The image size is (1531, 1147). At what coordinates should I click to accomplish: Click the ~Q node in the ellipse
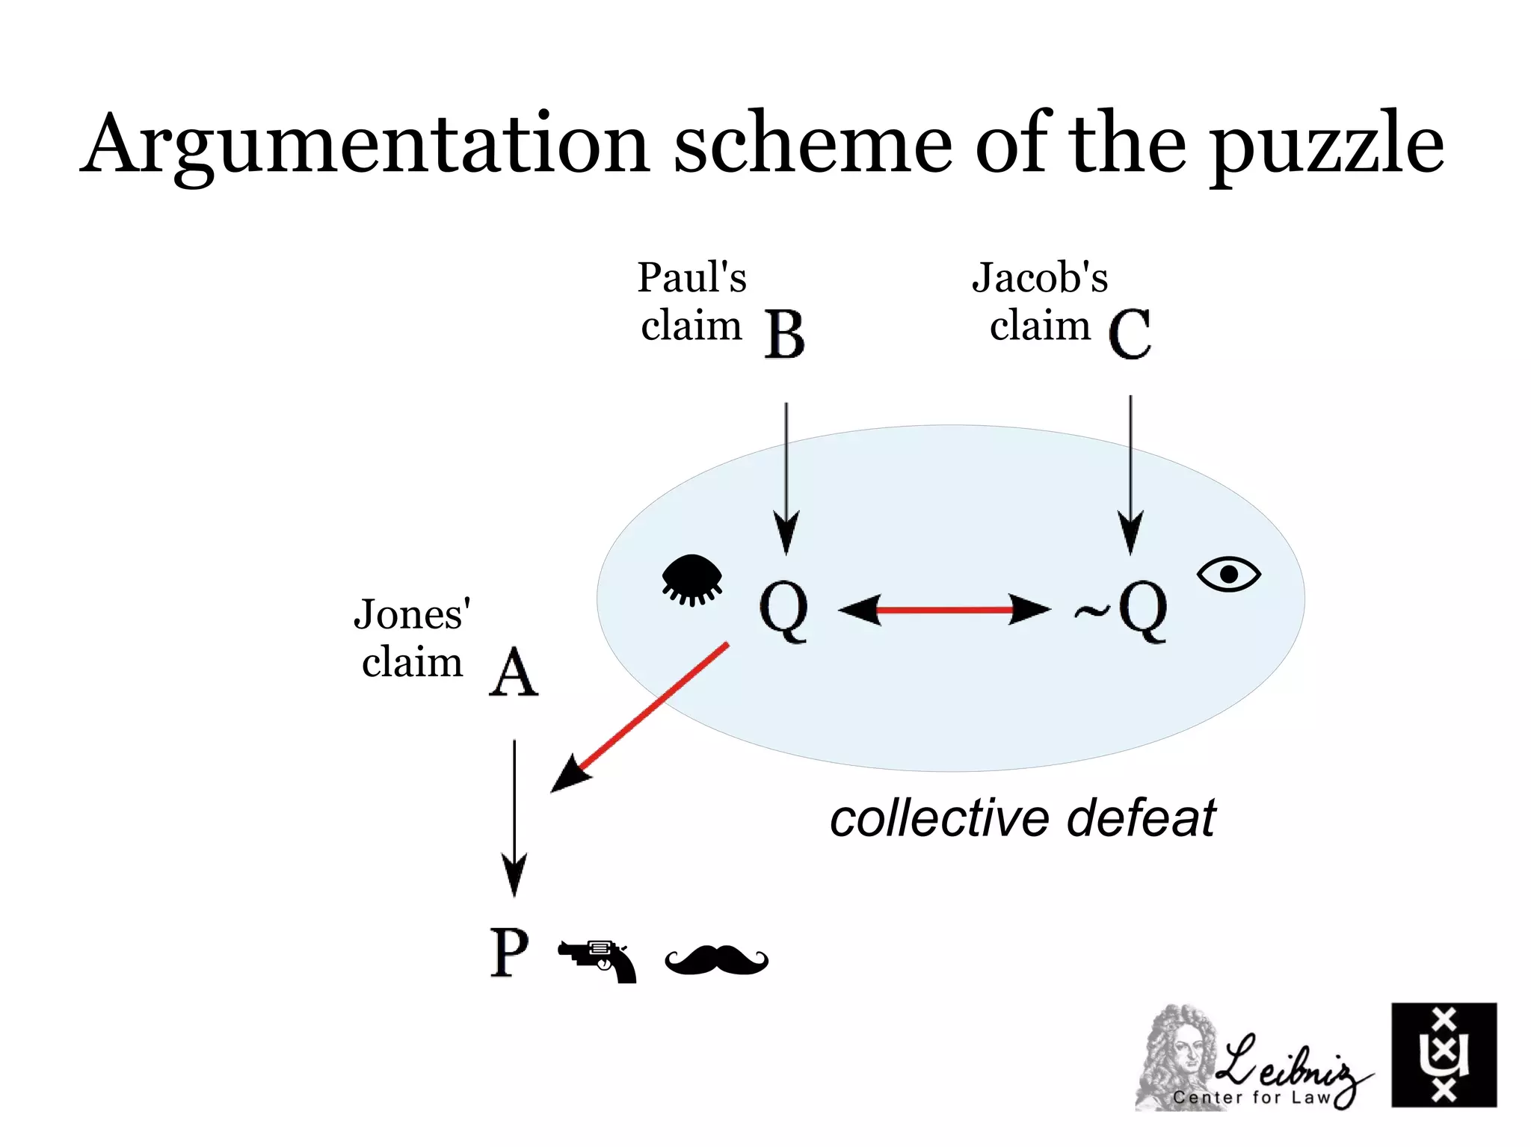[1121, 609]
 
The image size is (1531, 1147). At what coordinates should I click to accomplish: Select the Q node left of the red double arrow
[783, 609]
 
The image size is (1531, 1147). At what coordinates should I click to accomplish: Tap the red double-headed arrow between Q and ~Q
[944, 610]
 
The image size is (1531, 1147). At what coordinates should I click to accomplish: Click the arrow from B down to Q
[786, 478]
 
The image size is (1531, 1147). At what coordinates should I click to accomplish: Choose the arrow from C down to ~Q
[1130, 474]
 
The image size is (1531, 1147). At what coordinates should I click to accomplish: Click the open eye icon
[1228, 574]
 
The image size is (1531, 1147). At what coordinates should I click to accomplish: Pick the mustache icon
[716, 959]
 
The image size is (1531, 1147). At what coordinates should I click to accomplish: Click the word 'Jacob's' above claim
[1039, 278]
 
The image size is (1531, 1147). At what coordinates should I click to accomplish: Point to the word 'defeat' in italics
[1141, 818]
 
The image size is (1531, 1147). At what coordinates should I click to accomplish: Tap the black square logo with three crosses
[1444, 1054]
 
